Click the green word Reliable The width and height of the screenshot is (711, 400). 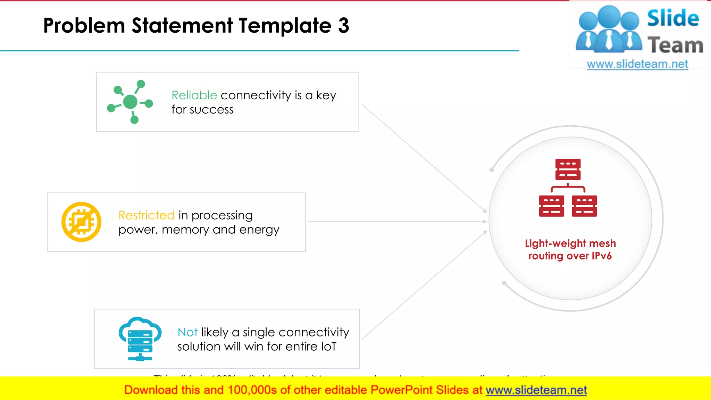[194, 95]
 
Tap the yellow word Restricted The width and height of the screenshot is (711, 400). [146, 215]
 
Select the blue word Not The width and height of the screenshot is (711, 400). [187, 332]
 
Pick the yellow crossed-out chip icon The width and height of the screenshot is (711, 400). [81, 222]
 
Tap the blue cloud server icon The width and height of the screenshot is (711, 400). [140, 339]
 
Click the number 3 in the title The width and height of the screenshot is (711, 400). [343, 26]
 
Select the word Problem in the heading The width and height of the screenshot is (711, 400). [84, 26]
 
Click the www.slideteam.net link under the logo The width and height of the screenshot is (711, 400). [637, 64]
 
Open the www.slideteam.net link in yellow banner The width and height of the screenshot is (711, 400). [536, 390]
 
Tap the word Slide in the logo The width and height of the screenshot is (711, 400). [673, 18]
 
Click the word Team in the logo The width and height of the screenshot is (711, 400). [675, 45]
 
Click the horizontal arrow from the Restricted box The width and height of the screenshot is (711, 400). [396, 222]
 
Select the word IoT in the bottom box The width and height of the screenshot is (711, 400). [328, 347]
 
